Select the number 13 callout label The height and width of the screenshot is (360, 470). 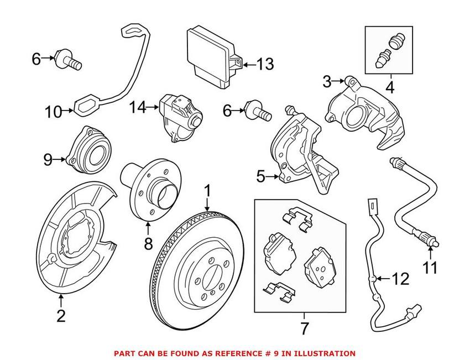264,65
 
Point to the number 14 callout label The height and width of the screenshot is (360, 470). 139,107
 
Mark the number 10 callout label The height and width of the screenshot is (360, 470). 54,112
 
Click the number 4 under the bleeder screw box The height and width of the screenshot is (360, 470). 389,87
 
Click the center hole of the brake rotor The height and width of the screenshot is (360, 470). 211,275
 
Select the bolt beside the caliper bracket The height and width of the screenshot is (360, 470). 258,112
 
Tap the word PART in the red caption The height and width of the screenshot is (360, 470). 124,353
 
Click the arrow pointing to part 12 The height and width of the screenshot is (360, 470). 380,278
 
